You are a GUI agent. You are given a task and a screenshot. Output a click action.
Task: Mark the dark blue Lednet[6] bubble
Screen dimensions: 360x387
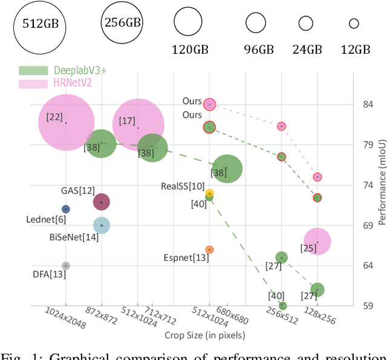[x=66, y=209]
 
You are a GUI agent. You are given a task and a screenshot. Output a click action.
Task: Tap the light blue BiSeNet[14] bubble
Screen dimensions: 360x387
[x=102, y=225]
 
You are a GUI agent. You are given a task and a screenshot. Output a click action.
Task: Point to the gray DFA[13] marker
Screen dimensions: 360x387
[x=66, y=266]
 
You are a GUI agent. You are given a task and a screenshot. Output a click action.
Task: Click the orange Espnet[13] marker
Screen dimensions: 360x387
[x=209, y=249]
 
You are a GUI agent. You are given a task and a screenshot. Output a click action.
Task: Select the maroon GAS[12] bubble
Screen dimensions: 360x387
[x=102, y=202]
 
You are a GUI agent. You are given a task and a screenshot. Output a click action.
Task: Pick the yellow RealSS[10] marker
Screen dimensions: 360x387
[x=209, y=193]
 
